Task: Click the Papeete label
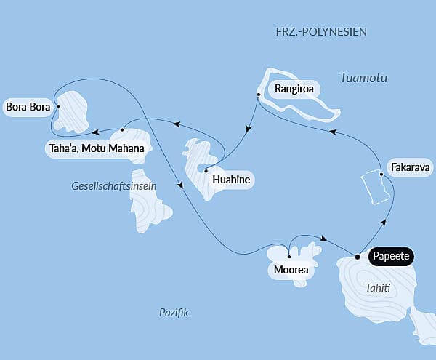[392, 256]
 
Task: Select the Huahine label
[231, 178]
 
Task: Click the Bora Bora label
[28, 108]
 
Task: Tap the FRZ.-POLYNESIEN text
[321, 32]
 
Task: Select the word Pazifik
[174, 312]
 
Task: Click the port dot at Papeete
[357, 256]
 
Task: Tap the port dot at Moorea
[289, 257]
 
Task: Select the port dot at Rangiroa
[258, 95]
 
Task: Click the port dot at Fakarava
[381, 174]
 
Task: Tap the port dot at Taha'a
[122, 130]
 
